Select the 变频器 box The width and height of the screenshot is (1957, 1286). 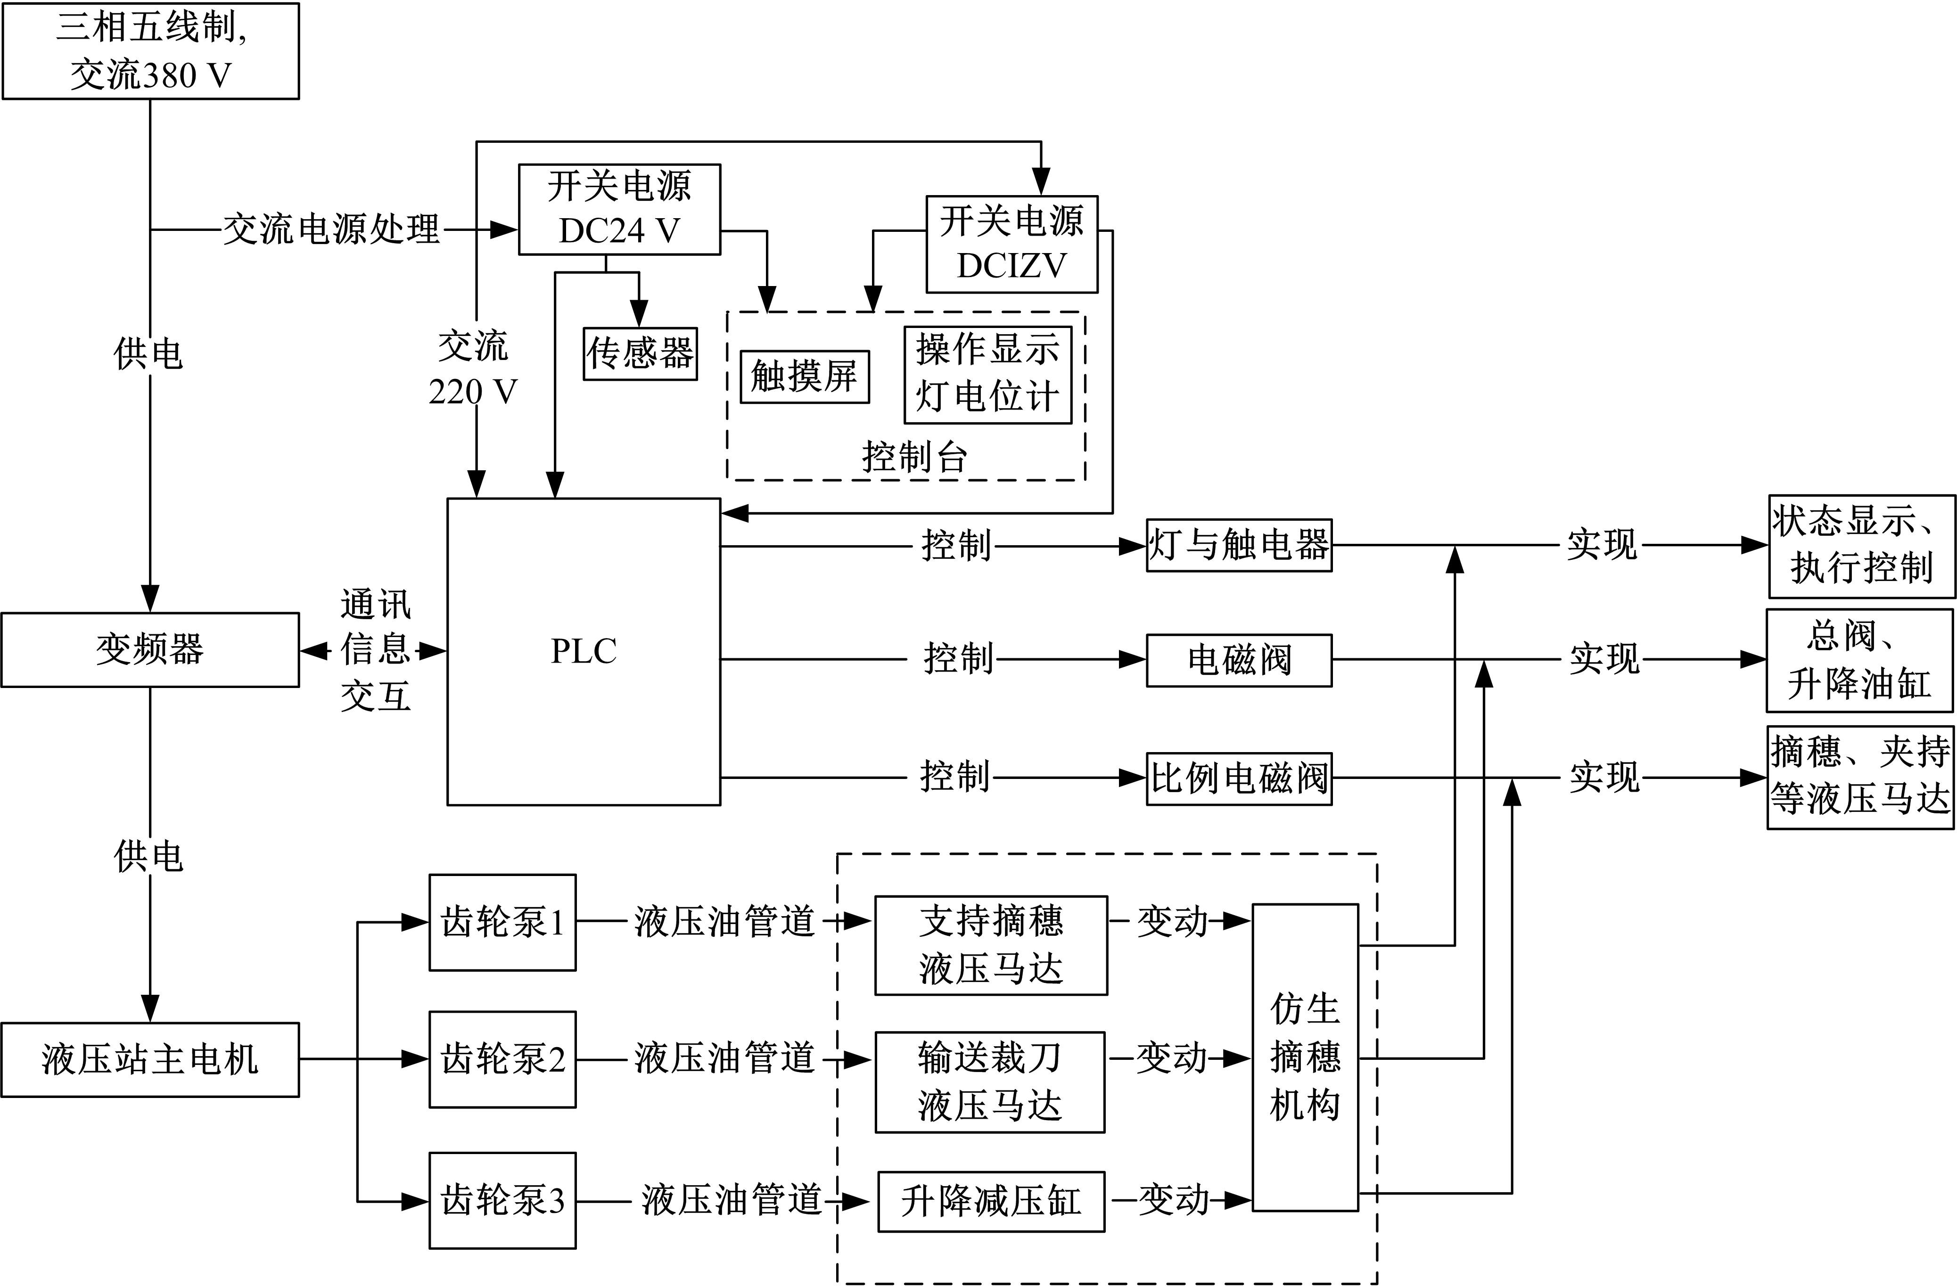(x=150, y=649)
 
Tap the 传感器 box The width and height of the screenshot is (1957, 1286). (x=640, y=353)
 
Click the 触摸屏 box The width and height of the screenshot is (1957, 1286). (x=804, y=377)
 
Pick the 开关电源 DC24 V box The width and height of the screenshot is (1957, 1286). (x=619, y=209)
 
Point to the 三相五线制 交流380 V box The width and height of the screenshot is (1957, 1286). (x=150, y=51)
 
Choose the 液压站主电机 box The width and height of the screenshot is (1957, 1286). (x=150, y=1059)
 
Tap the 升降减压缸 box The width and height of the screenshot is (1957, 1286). (x=991, y=1201)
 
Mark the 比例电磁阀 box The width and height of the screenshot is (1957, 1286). (x=1239, y=778)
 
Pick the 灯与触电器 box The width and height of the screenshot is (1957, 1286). (x=1239, y=545)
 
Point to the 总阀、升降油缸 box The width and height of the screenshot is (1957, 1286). (x=1859, y=660)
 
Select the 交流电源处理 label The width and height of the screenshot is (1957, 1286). (x=331, y=229)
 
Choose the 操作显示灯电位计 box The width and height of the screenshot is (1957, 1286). (x=987, y=374)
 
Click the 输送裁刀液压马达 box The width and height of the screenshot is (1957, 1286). (x=990, y=1082)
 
